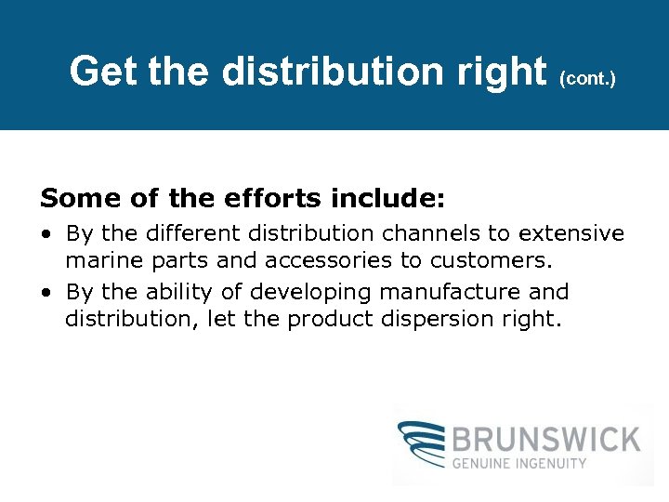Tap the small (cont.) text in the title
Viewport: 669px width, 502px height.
pos(588,80)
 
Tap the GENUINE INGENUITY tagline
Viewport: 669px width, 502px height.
pos(520,463)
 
